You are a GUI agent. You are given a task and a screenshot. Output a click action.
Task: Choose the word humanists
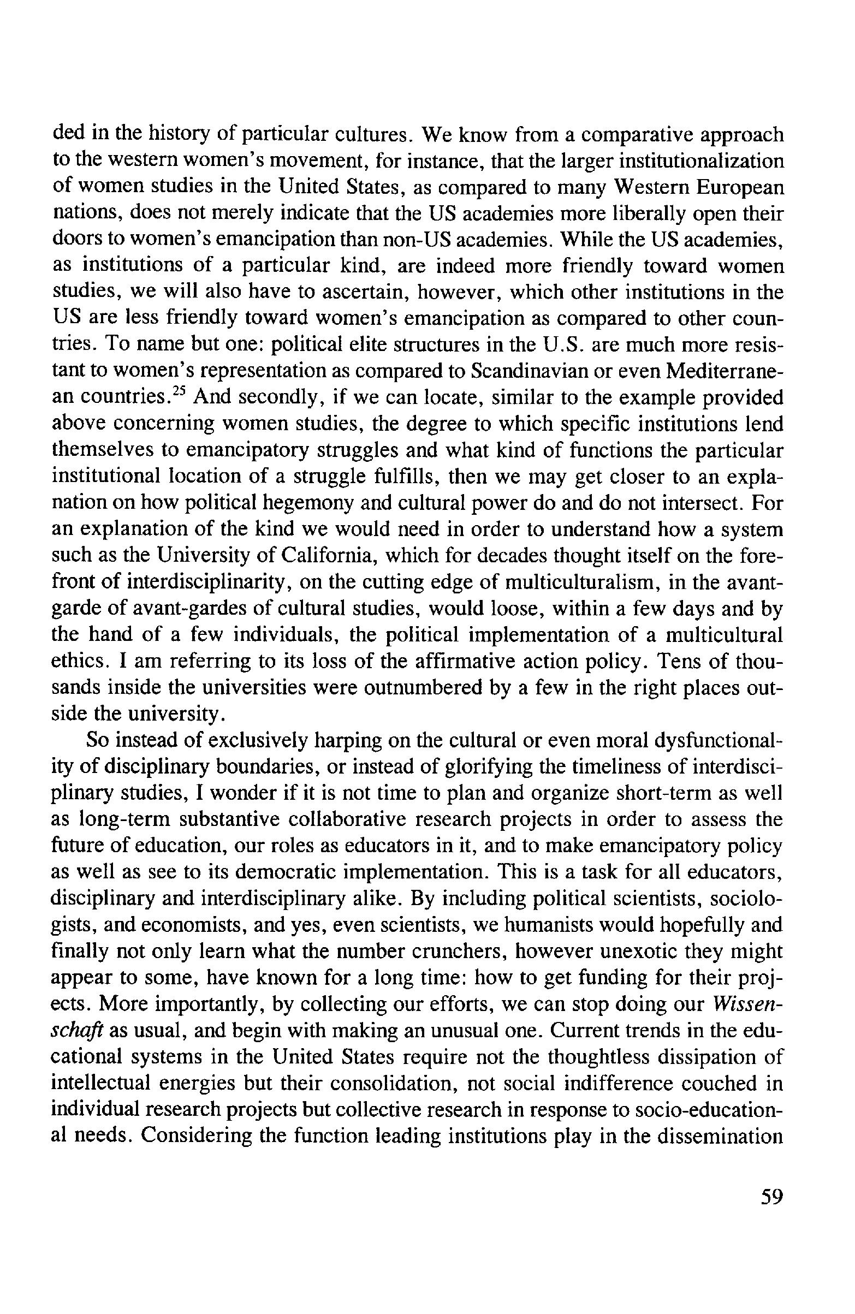pos(579,925)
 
